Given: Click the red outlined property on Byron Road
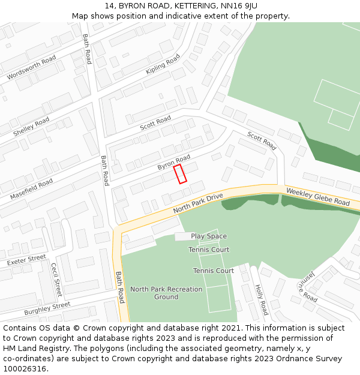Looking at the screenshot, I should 180,174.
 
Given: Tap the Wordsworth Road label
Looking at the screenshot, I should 31,67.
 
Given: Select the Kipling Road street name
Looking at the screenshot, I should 163,65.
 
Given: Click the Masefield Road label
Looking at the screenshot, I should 31,188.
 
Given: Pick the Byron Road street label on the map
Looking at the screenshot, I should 173,162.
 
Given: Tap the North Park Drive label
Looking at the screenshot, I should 197,203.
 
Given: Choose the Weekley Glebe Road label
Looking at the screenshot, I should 317,197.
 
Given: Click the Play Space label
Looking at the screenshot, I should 209,236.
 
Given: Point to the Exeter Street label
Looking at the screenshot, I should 26,260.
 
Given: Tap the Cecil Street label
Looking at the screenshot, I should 56,280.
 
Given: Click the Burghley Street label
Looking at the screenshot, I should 47,309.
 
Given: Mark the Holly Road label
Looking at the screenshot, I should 262,300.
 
